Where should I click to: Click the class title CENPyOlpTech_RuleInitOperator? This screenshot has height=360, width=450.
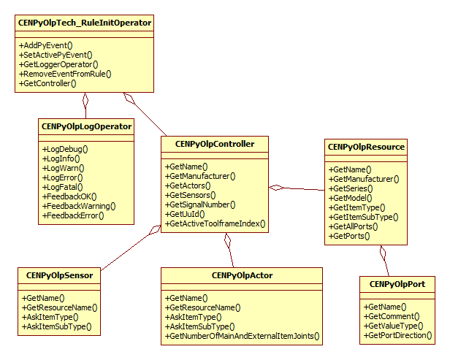[x=84, y=23]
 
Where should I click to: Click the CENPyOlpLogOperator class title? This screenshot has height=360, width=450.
[x=86, y=126]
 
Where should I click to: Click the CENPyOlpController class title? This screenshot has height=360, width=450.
[x=215, y=144]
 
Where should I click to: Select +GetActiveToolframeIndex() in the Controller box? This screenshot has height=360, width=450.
[x=216, y=223]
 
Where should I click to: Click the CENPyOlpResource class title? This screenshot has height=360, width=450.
[x=367, y=147]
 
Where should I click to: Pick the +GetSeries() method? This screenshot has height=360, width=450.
[x=351, y=188]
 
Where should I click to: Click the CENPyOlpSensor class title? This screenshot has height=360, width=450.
[x=59, y=275]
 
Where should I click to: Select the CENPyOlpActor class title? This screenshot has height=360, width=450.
[x=242, y=275]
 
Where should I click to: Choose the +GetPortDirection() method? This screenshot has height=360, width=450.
[x=398, y=336]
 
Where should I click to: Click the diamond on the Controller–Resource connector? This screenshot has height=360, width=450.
[x=277, y=188]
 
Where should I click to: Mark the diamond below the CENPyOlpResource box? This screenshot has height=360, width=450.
[x=382, y=253]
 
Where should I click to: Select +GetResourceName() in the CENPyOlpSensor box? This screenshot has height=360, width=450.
[x=59, y=307]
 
